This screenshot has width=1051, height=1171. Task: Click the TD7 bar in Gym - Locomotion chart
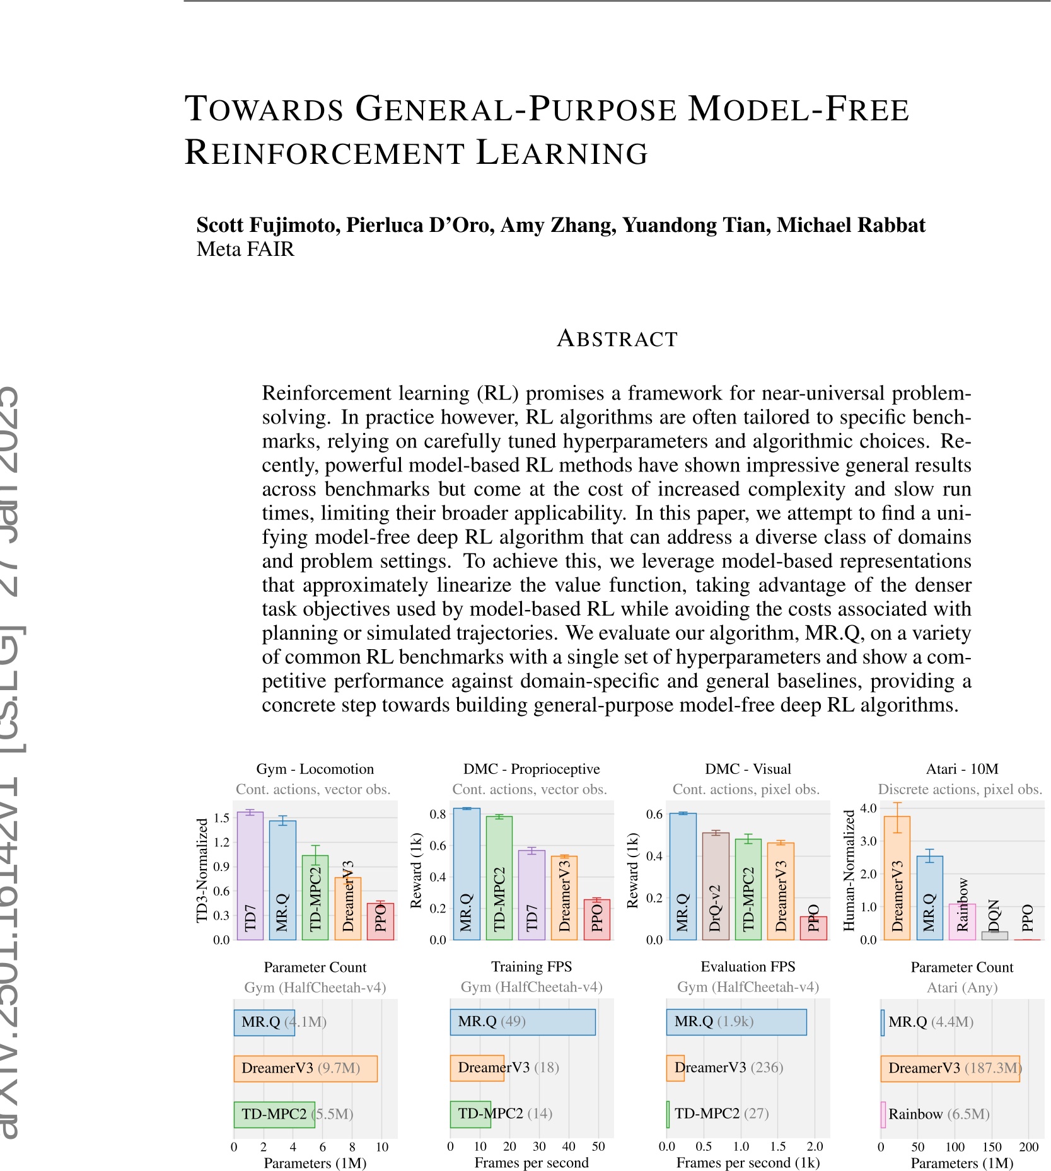tap(250, 876)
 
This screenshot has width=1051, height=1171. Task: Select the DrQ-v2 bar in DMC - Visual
tap(716, 885)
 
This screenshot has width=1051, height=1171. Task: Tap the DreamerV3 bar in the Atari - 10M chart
tap(897, 878)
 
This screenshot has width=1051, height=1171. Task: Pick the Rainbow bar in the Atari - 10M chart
tap(962, 921)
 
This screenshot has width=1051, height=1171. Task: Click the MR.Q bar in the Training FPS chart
tap(522, 1022)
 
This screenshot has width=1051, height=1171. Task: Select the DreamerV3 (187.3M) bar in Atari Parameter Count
tap(949, 1068)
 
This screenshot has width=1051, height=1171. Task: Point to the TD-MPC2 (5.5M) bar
tap(274, 1114)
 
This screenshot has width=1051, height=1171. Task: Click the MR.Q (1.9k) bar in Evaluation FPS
tap(736, 1022)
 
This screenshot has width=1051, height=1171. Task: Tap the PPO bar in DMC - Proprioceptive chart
tap(597, 920)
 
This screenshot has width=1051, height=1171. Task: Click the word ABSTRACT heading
tap(617, 339)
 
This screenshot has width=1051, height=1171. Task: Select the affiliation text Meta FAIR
tap(245, 250)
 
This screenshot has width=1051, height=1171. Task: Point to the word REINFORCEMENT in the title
tap(324, 153)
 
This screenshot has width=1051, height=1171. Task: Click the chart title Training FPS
tap(531, 967)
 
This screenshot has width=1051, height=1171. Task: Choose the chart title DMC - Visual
tap(748, 769)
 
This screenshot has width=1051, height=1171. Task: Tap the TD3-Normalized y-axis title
tap(202, 870)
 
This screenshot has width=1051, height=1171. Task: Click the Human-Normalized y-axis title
tap(849, 870)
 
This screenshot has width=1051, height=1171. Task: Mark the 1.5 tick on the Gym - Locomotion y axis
tap(221, 818)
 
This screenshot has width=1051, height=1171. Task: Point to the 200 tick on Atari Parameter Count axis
tap(1028, 1147)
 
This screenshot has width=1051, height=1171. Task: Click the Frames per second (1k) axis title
tap(748, 1163)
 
